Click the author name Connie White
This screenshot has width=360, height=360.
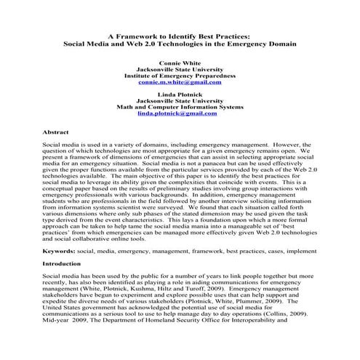[179, 63]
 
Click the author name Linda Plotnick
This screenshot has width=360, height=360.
[179, 95]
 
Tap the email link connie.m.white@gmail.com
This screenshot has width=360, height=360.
[179, 82]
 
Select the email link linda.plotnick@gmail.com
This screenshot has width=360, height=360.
[179, 113]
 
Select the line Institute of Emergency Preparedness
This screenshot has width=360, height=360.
[179, 76]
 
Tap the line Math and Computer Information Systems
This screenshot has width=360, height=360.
[179, 107]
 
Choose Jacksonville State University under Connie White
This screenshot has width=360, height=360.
[179, 70]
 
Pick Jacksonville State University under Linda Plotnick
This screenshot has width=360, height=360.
[179, 101]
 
